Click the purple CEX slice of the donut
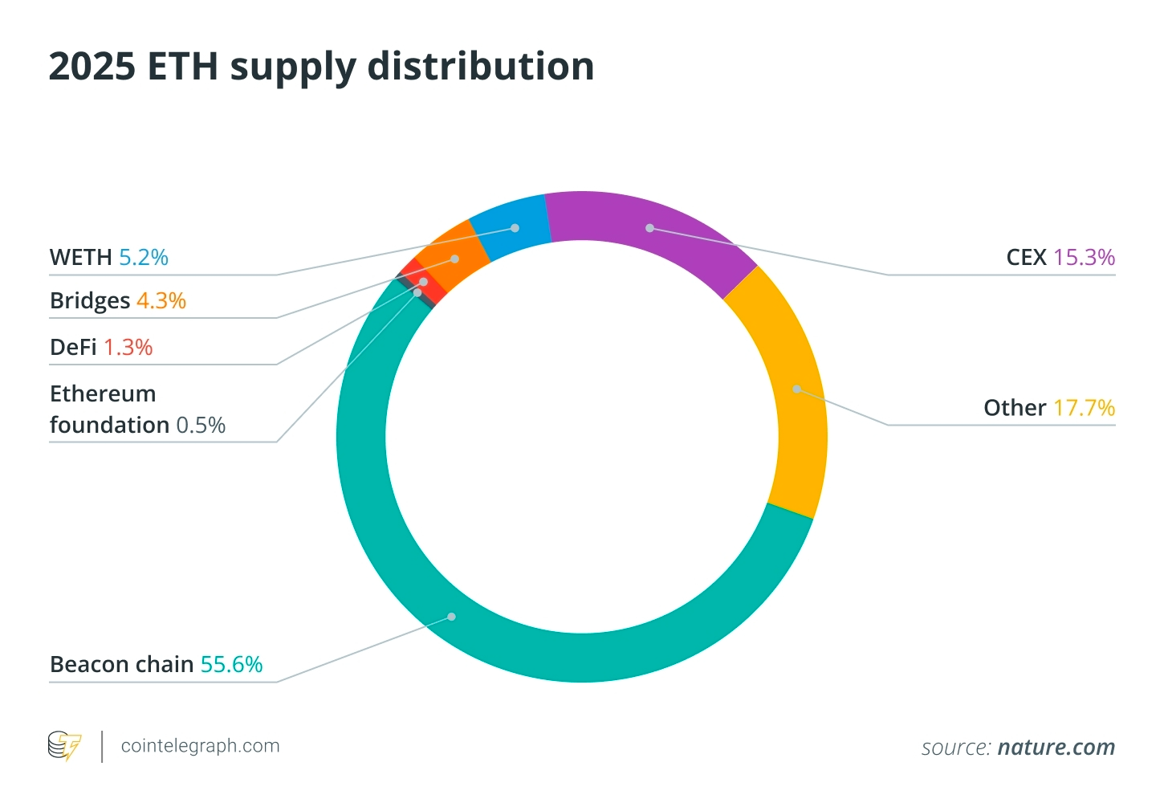(650, 228)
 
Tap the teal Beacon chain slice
(452, 617)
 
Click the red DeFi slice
(424, 282)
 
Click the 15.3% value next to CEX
(1084, 258)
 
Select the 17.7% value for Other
(1084, 408)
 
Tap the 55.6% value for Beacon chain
(231, 665)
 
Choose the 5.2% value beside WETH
(144, 258)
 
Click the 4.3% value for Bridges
(161, 301)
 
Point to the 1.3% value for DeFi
(128, 348)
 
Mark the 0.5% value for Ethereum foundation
(201, 425)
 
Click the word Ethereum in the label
(103, 393)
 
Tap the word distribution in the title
(480, 66)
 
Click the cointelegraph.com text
(200, 746)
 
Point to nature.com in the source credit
(1056, 748)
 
